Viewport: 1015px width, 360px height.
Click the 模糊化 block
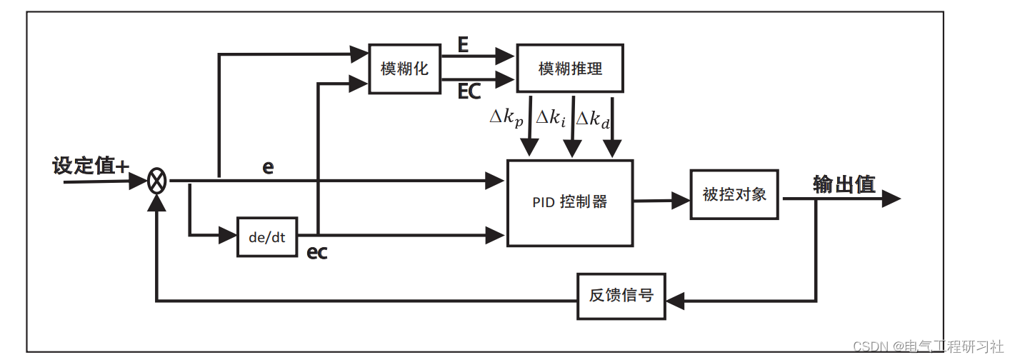(404, 69)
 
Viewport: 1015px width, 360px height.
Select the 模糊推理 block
(569, 69)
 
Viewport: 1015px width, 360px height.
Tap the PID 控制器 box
(569, 203)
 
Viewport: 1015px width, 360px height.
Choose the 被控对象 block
(734, 194)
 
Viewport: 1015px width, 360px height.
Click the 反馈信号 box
(621, 296)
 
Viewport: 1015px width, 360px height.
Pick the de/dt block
(266, 237)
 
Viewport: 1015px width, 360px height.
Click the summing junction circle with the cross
(157, 181)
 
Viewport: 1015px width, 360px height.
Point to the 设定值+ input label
(91, 166)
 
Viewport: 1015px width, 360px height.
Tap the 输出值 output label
(844, 184)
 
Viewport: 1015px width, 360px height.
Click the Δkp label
(506, 119)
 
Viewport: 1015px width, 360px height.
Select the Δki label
(550, 119)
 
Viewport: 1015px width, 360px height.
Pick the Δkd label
(593, 119)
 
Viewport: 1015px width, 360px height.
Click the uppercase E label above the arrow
(463, 46)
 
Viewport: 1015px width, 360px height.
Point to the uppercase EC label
(469, 91)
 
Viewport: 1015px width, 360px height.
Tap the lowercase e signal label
(268, 167)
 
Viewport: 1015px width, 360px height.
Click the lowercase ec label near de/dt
(316, 253)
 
